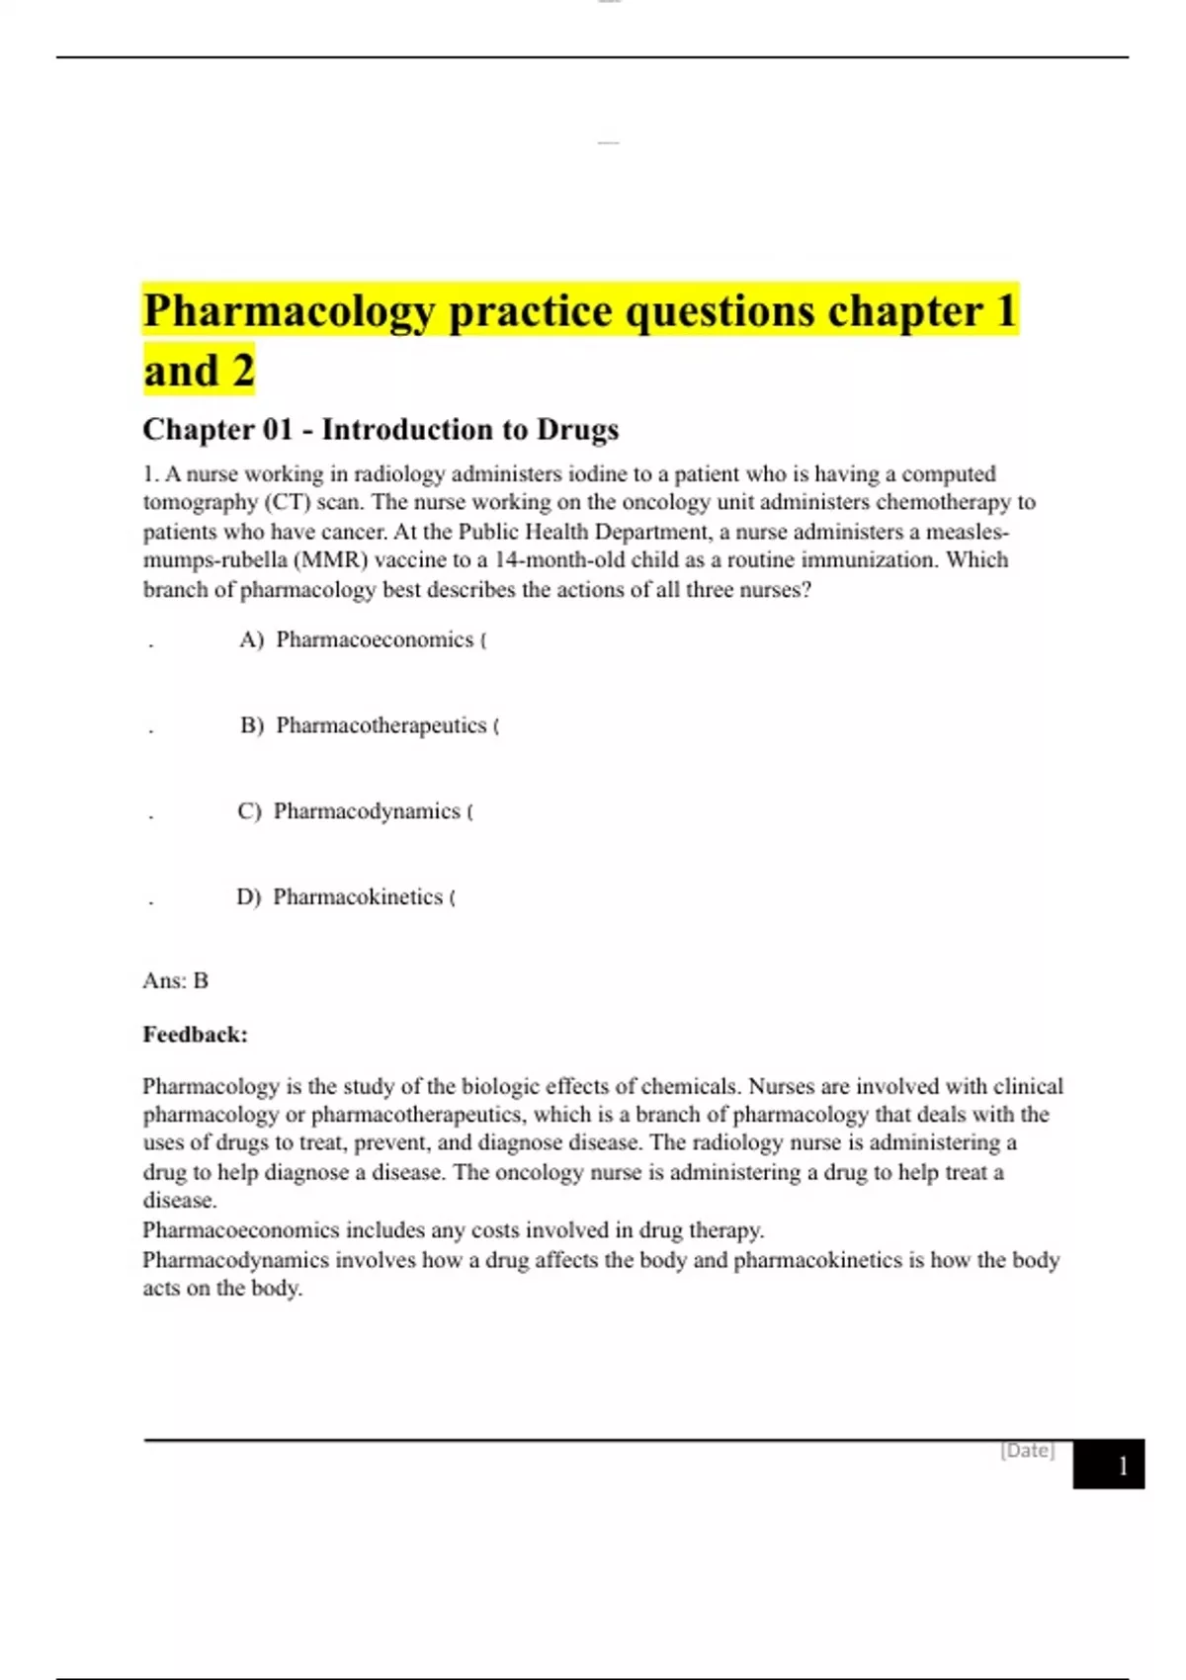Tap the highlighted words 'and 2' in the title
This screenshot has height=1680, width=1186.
point(199,372)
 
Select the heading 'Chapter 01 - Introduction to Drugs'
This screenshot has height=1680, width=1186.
point(381,430)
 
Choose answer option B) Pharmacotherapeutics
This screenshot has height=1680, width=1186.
point(381,726)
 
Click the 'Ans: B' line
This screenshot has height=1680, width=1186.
point(175,981)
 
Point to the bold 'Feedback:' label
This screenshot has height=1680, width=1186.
point(195,1035)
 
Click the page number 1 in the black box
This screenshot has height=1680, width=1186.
point(1122,1466)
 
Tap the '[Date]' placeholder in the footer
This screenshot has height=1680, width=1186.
point(1027,1451)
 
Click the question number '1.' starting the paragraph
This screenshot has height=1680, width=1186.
point(150,474)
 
